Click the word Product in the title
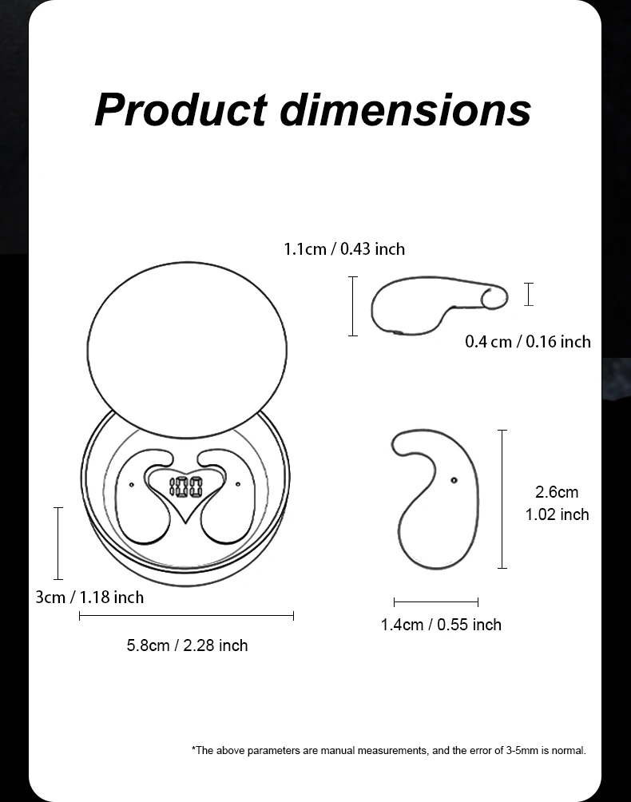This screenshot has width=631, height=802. click(x=181, y=109)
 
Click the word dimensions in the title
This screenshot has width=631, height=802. click(x=405, y=109)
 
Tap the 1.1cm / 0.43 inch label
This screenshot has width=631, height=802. click(x=344, y=249)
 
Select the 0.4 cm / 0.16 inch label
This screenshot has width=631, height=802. click(x=528, y=342)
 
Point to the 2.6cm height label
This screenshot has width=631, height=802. click(x=557, y=492)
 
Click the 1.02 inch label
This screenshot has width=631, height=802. click(x=557, y=514)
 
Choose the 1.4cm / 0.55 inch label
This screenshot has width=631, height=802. click(x=441, y=625)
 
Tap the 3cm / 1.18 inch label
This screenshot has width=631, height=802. click(x=89, y=598)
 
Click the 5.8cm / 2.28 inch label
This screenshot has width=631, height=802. click(x=187, y=645)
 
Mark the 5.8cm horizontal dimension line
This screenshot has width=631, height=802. click(x=186, y=616)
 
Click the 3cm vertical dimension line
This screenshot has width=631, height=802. click(x=58, y=543)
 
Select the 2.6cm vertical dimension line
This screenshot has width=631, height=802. click(x=502, y=499)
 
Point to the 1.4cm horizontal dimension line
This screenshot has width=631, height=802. click(x=436, y=602)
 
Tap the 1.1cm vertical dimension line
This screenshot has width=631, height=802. click(x=353, y=306)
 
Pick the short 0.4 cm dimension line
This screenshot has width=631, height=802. click(x=529, y=294)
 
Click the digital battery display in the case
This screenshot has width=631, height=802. click(x=185, y=486)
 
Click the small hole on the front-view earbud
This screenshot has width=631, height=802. click(x=454, y=480)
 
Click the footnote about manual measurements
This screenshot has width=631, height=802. click(x=389, y=750)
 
